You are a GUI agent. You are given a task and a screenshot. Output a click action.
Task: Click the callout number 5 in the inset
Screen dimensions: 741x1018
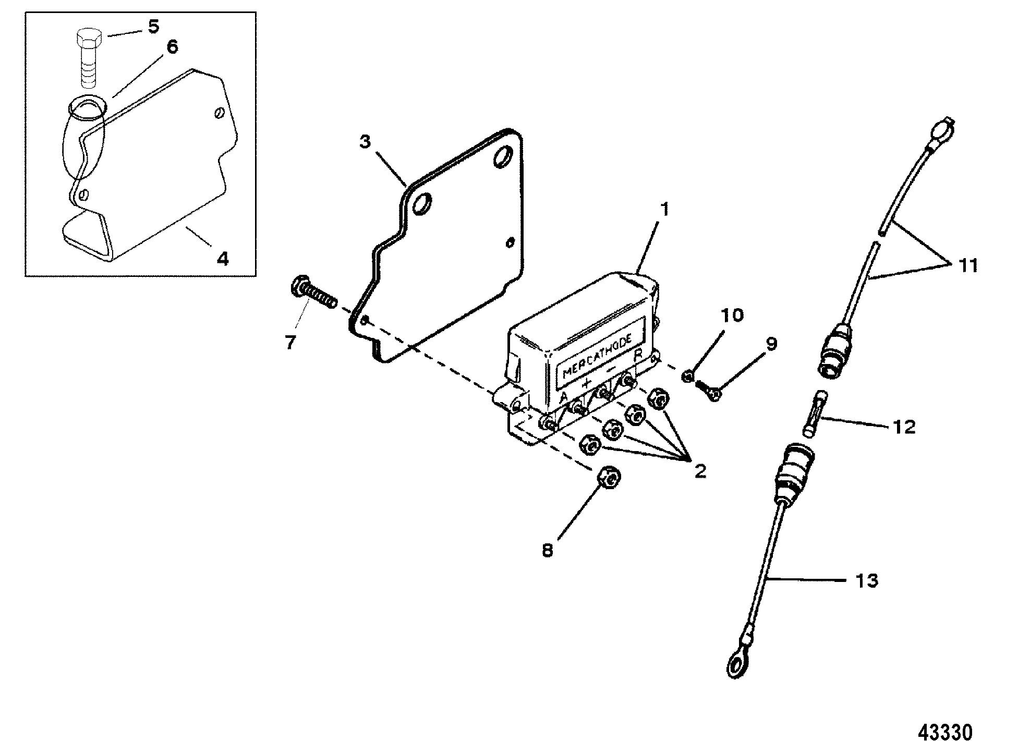pyautogui.click(x=153, y=27)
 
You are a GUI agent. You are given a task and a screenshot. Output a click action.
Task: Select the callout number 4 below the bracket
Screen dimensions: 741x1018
pyautogui.click(x=222, y=258)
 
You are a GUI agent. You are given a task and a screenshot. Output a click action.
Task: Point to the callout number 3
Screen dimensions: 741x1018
pyautogui.click(x=365, y=141)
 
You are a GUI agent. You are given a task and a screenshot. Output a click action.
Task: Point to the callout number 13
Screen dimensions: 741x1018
pyautogui.click(x=867, y=580)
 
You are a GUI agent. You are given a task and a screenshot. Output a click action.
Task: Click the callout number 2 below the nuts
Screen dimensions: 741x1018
pyautogui.click(x=700, y=471)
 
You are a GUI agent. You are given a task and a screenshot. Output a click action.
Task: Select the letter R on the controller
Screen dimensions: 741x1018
pyautogui.click(x=637, y=357)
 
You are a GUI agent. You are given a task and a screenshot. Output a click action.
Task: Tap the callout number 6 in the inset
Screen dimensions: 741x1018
pyautogui.click(x=172, y=47)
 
